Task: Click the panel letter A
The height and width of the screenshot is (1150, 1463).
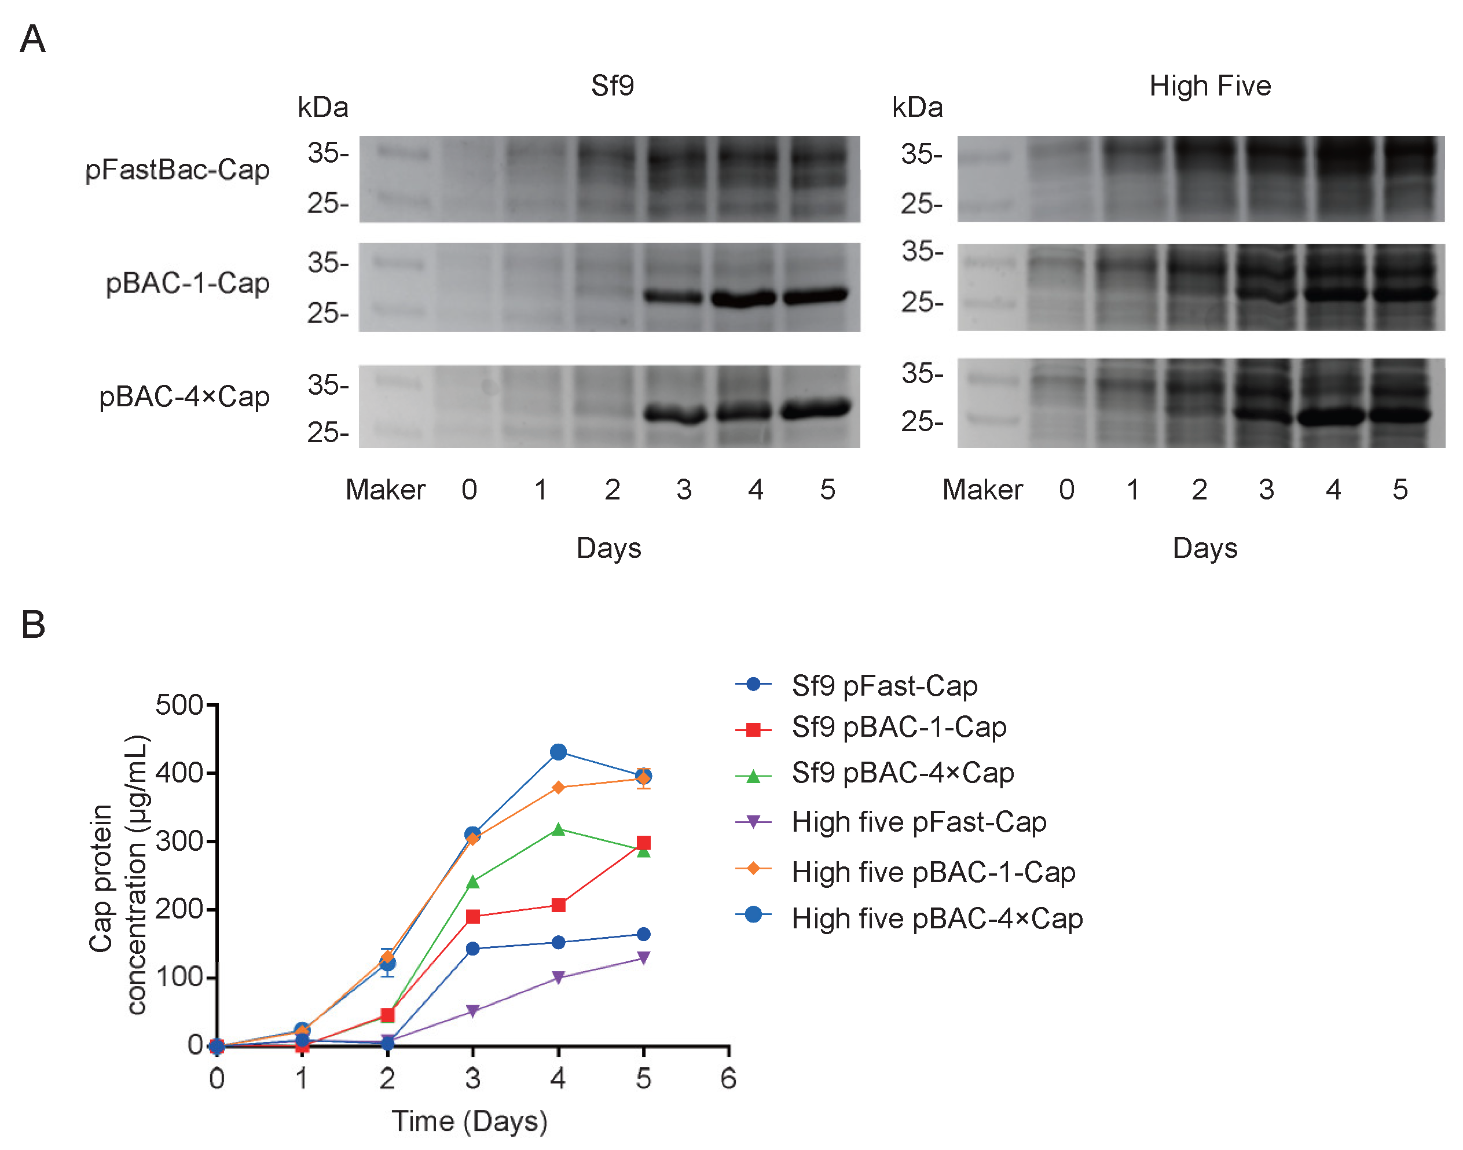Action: (32, 38)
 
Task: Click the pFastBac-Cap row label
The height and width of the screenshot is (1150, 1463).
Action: (177, 170)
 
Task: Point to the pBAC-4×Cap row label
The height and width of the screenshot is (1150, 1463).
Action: (184, 396)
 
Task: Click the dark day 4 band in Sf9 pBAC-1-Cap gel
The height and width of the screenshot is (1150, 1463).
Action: (743, 297)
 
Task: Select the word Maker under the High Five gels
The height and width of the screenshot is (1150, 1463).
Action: (981, 490)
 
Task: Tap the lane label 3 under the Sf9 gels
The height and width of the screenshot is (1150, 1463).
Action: (684, 490)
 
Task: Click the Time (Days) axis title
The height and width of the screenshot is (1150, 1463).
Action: (470, 1121)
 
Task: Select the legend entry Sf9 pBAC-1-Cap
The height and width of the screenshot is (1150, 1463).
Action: (899, 727)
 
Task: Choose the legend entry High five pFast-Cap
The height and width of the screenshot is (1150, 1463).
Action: (918, 822)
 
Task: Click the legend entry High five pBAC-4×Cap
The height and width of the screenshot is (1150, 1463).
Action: (936, 918)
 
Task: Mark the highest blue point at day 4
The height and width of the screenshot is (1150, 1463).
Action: (558, 752)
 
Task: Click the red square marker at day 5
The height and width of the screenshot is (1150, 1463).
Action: (643, 843)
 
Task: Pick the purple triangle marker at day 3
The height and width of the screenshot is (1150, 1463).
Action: (472, 1011)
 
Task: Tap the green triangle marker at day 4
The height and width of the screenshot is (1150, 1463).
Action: (558, 829)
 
